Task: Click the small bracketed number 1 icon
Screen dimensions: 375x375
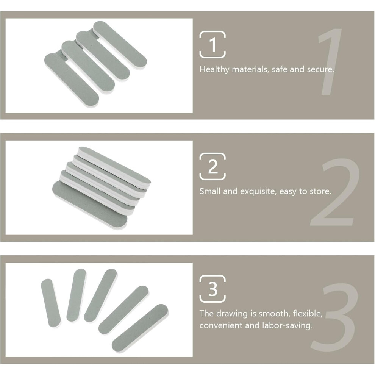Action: pos(212,44)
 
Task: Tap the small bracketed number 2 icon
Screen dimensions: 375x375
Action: pos(212,166)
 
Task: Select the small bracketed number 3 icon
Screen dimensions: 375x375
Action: pos(212,289)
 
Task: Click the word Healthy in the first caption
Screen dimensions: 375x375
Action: pos(214,70)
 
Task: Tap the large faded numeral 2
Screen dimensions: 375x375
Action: pos(334,192)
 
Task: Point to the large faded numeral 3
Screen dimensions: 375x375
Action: pos(334,317)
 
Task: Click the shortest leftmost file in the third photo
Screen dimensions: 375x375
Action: pos(51,303)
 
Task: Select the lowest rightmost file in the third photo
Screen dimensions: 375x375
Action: pos(140,328)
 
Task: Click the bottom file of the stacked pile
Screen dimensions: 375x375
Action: pos(90,205)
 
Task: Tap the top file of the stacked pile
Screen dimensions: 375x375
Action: pos(114,165)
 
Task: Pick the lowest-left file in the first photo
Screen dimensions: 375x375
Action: pos(72,80)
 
